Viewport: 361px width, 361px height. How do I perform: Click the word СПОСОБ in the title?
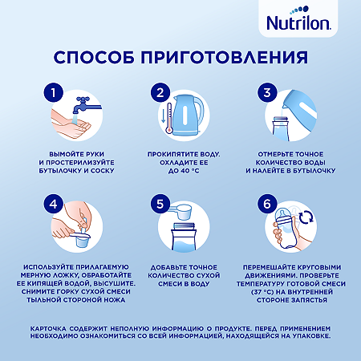[x=97, y=58]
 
